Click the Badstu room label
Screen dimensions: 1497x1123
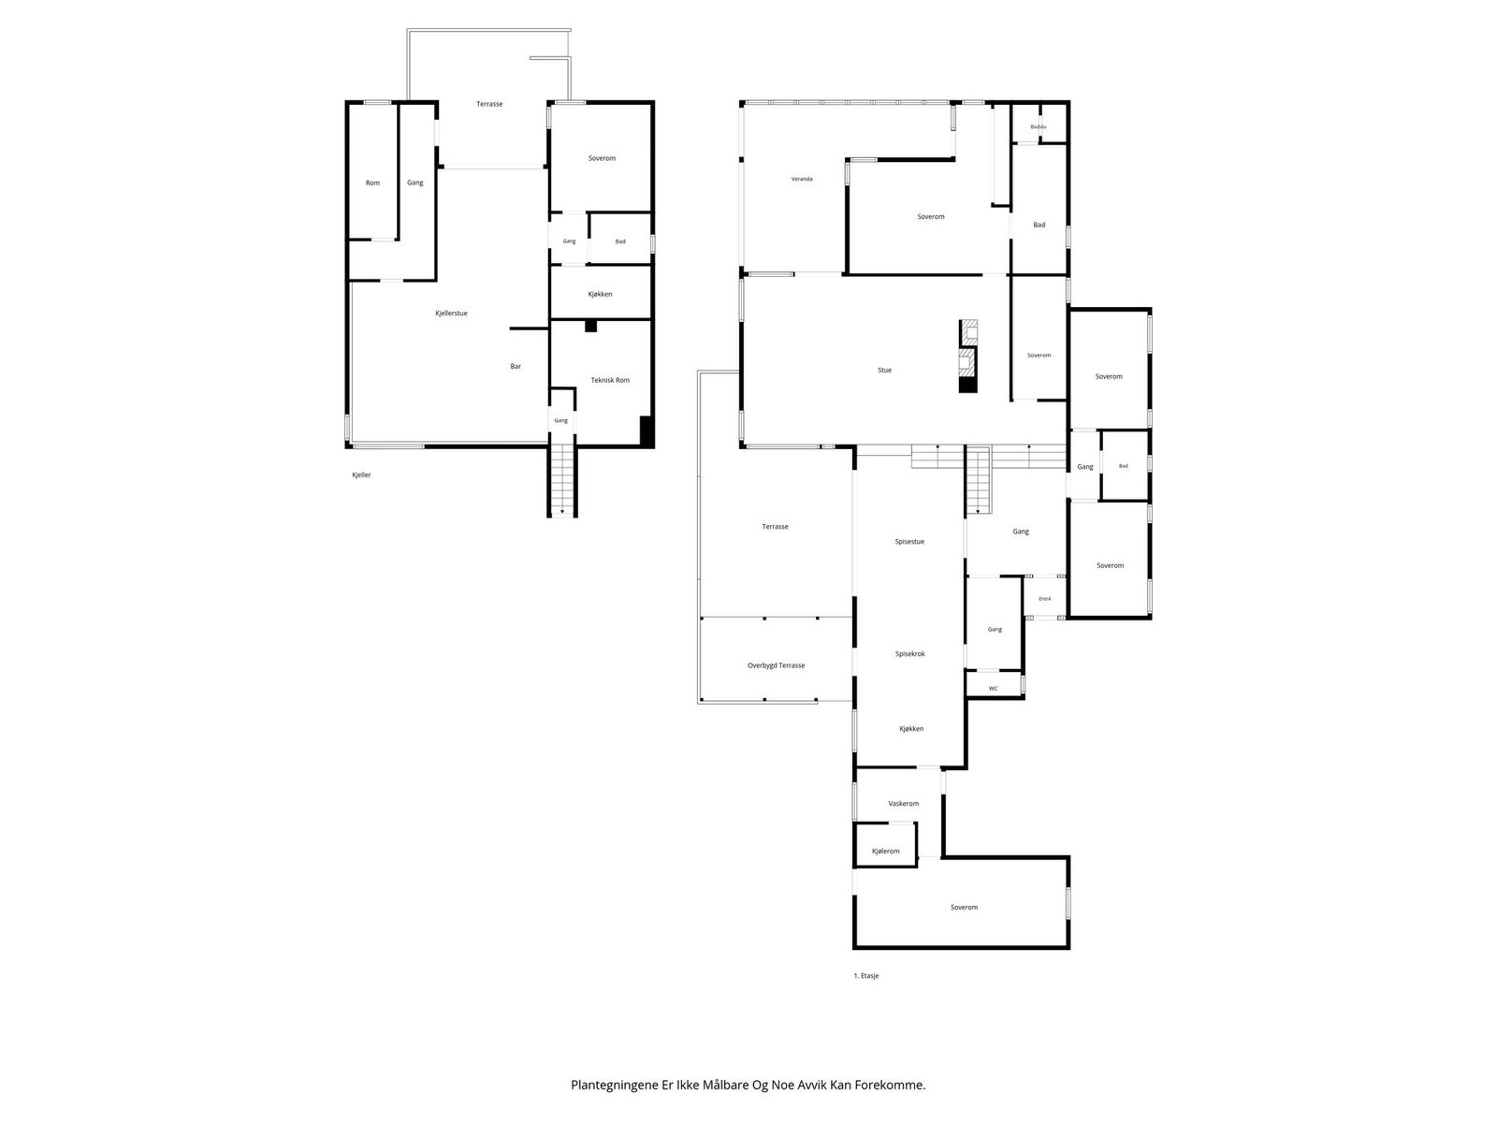pyautogui.click(x=1038, y=127)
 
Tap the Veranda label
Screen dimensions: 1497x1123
pyautogui.click(x=801, y=179)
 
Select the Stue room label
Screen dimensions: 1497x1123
pyautogui.click(x=884, y=371)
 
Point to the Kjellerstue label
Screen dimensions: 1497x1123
pyautogui.click(x=451, y=314)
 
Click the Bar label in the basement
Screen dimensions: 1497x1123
pyautogui.click(x=516, y=366)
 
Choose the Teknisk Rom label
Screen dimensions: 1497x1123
pyautogui.click(x=610, y=381)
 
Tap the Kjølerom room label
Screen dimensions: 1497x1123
pyautogui.click(x=885, y=851)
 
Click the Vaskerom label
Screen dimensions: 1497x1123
pyautogui.click(x=903, y=803)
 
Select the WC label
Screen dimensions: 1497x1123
pyautogui.click(x=993, y=689)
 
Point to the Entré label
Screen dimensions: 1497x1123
pyautogui.click(x=1045, y=599)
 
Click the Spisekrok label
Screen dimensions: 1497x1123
pyautogui.click(x=909, y=654)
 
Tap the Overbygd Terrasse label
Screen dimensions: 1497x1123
pyautogui.click(x=777, y=665)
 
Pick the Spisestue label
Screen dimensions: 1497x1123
pyautogui.click(x=909, y=542)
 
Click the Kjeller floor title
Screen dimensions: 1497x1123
pyautogui.click(x=361, y=475)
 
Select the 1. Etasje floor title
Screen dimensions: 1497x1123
pyautogui.click(x=866, y=976)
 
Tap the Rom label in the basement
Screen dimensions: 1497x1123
pyautogui.click(x=372, y=182)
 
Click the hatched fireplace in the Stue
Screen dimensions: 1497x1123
pyautogui.click(x=968, y=356)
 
